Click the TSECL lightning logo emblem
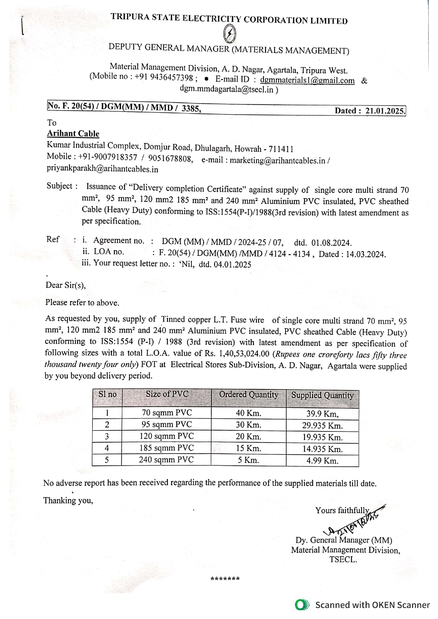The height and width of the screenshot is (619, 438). point(230,34)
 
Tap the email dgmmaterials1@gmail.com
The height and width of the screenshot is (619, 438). point(307,80)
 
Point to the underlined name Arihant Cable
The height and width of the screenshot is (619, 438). point(73,133)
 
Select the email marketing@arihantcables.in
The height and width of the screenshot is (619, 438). point(277,160)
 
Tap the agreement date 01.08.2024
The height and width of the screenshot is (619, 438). point(331,243)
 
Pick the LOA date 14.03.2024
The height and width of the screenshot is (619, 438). point(366,254)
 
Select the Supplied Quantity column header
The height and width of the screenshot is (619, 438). point(322,395)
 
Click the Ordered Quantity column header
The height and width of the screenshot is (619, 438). point(248,394)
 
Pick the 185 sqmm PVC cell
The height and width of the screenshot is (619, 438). point(166,448)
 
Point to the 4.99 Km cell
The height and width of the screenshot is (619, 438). point(322,460)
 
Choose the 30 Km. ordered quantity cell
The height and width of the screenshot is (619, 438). point(248,425)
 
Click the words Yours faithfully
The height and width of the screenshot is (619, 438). point(342,510)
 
